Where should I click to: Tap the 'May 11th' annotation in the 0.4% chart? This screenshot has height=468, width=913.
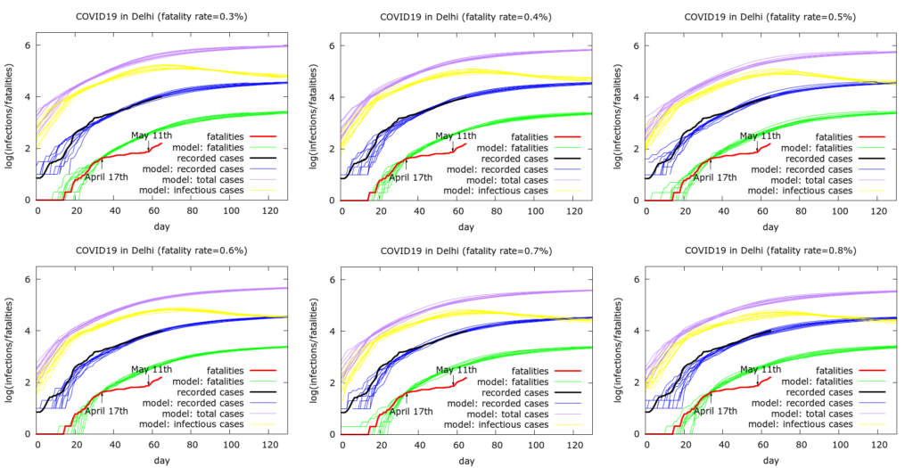[x=456, y=135]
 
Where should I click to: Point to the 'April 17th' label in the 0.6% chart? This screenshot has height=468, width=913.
[x=106, y=411]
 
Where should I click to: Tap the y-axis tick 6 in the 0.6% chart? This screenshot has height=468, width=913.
[x=27, y=279]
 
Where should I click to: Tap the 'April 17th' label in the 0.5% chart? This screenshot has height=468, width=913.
[x=715, y=177]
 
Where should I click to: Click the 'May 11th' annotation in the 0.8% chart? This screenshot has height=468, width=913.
[x=761, y=369]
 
